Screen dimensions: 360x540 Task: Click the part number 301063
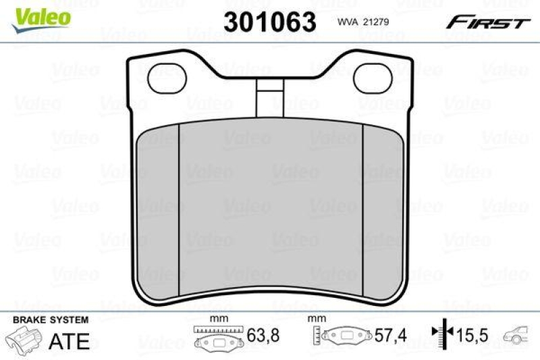click(x=270, y=22)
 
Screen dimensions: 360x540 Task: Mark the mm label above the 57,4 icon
click(x=314, y=319)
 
